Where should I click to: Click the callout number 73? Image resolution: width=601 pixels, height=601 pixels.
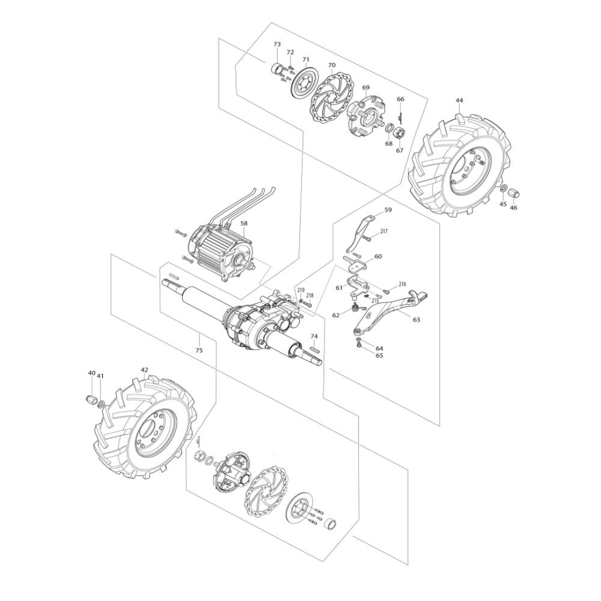coord(276,44)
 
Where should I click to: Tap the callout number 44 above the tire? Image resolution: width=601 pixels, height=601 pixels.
coord(459,100)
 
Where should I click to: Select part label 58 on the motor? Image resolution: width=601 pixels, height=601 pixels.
coord(244,223)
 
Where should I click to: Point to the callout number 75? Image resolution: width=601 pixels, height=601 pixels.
coord(199,350)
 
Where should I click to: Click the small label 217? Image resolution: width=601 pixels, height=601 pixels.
coord(383,231)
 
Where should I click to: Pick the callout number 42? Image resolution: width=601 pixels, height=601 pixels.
coord(144,370)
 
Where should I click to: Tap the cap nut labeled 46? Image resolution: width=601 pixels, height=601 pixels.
coord(516,192)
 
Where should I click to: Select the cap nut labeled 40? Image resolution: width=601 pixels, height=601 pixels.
coord(91,398)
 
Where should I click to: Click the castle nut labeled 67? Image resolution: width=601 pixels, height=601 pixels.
coord(400,133)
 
